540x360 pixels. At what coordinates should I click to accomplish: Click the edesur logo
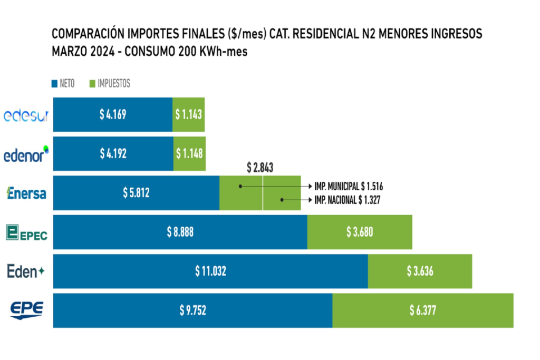click(x=26, y=115)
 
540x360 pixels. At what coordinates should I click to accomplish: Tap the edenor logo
click(x=26, y=154)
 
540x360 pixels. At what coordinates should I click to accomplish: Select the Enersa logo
click(x=26, y=193)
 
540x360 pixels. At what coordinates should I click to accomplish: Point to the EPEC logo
click(x=26, y=232)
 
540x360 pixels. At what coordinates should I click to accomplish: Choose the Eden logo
click(x=26, y=271)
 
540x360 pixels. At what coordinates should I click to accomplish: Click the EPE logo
click(x=26, y=310)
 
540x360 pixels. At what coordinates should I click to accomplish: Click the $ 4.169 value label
click(x=113, y=114)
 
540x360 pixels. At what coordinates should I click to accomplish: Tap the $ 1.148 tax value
click(x=189, y=153)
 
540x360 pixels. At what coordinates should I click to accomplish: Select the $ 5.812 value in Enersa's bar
click(x=136, y=193)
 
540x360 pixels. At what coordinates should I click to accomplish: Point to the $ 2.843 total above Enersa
click(x=260, y=168)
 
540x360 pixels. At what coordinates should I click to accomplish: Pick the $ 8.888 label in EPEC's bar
click(x=180, y=232)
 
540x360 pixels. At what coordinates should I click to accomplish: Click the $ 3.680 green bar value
click(x=360, y=232)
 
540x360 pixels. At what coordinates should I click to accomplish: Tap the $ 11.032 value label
click(x=210, y=271)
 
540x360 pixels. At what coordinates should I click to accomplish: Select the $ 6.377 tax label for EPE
click(x=423, y=310)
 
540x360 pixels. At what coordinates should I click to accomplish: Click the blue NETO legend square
click(x=54, y=84)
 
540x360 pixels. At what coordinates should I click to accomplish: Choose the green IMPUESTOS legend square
click(x=92, y=84)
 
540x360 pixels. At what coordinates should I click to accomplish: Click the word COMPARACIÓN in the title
click(x=88, y=34)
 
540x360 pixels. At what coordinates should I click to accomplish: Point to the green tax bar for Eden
click(x=420, y=271)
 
